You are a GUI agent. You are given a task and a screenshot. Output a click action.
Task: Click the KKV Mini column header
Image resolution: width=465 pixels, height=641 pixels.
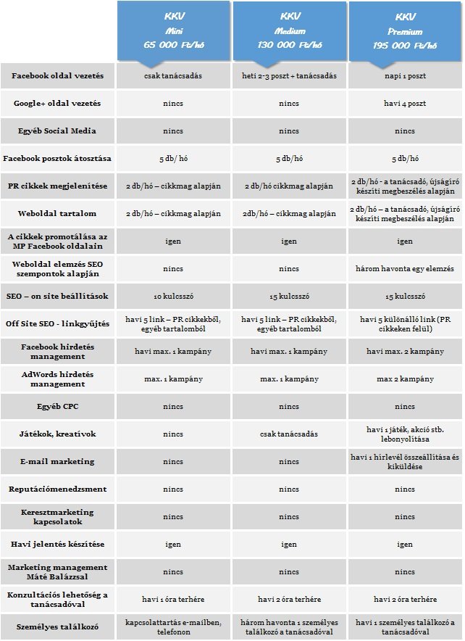tap(174, 31)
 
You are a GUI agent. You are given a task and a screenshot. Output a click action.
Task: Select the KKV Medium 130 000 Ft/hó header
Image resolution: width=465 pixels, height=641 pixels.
tap(290, 31)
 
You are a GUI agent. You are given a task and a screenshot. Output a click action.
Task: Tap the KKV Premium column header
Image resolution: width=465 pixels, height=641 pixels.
tap(405, 31)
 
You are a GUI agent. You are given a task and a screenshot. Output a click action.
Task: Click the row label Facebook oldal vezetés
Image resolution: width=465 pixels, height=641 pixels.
tap(58, 76)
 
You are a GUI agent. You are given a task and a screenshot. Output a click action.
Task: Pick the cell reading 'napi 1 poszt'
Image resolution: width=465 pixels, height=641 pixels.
tap(405, 76)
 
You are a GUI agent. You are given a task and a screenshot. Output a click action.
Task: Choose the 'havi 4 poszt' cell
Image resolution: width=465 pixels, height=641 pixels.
tap(405, 104)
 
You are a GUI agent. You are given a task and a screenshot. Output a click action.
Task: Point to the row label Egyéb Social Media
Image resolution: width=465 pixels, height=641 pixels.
tap(58, 131)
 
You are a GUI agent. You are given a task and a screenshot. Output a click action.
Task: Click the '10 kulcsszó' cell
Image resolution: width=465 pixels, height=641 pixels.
tap(174, 297)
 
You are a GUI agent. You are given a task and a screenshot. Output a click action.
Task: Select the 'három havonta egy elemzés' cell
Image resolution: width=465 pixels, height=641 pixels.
tap(405, 269)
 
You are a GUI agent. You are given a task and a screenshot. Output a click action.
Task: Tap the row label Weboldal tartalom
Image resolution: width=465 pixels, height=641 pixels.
tap(58, 214)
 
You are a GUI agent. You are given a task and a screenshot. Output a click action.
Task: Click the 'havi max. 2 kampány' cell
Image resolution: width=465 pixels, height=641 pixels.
tap(405, 352)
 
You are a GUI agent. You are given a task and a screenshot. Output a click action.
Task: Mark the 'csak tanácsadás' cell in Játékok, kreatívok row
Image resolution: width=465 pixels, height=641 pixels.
tap(290, 434)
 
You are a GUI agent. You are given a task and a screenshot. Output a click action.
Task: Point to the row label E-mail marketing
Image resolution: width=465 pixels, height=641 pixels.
tap(58, 462)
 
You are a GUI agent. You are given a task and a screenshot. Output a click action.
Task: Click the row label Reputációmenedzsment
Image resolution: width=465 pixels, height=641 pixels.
tap(58, 489)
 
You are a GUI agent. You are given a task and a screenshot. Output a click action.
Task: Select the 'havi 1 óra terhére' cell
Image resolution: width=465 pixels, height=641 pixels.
tap(174, 600)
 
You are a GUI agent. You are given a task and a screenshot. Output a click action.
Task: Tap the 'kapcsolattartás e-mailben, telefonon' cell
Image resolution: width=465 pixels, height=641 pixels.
tap(174, 627)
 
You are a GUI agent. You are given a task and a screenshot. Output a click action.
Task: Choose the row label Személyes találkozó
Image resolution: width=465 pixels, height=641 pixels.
tap(58, 627)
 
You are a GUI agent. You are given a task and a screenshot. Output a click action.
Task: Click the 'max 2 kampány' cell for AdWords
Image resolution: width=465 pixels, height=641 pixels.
tap(405, 379)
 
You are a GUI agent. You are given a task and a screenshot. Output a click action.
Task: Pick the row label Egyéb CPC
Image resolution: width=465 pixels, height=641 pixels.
tap(58, 407)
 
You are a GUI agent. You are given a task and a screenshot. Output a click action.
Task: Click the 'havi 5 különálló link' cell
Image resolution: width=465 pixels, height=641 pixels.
tap(405, 324)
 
